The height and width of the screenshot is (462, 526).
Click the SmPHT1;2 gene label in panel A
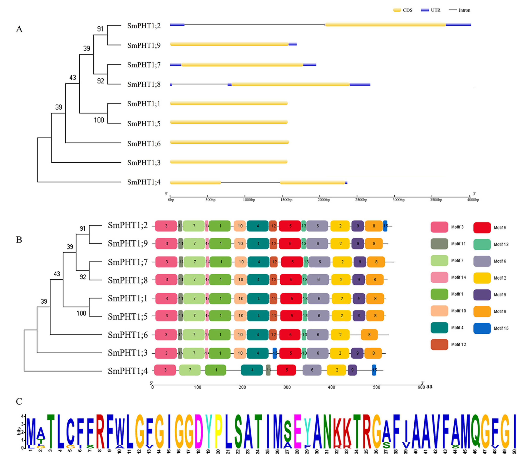tap(144, 26)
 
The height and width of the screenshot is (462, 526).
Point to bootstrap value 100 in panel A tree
tap(99, 120)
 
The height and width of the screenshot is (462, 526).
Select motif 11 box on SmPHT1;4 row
tap(268, 370)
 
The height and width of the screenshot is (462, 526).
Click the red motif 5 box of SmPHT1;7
tap(292, 262)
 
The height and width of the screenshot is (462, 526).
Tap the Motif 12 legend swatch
tap(439, 345)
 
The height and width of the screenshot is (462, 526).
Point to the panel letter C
tap(19, 402)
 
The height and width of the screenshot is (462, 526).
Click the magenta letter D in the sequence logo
tap(199, 431)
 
